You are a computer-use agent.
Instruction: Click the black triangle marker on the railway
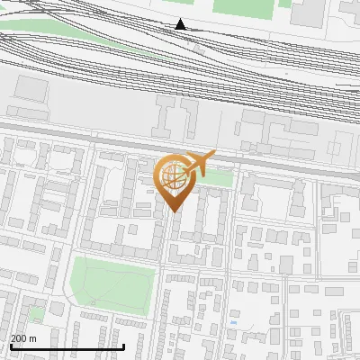tap(181, 24)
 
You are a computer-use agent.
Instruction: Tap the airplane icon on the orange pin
tap(200, 164)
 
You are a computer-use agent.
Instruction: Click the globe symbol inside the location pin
tap(172, 175)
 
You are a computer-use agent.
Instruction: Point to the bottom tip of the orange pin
tap(173, 211)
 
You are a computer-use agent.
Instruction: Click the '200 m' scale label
tap(23, 338)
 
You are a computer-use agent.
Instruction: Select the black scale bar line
tap(67, 346)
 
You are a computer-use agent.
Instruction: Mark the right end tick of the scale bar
tap(124, 345)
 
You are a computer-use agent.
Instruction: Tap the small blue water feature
tap(233, 322)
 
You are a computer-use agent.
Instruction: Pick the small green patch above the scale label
tap(36, 313)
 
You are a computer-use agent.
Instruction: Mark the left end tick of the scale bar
tap(10, 345)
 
